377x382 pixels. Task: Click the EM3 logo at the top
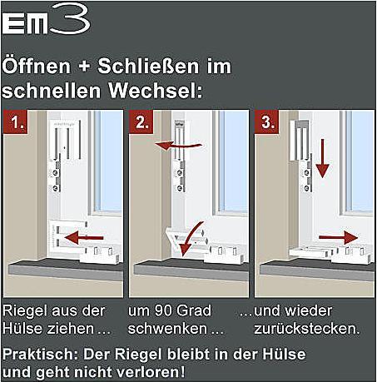click(46, 19)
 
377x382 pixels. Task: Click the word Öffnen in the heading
click(37, 67)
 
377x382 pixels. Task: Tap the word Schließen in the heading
click(148, 67)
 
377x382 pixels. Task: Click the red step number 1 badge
click(16, 122)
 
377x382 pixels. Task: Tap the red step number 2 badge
click(141, 122)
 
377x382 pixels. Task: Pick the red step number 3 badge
click(266, 122)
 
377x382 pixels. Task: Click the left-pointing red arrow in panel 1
click(84, 238)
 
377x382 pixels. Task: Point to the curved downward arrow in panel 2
click(189, 239)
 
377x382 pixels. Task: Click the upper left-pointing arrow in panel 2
click(178, 145)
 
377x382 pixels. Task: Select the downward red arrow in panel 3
click(322, 158)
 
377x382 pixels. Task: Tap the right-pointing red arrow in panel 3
click(338, 237)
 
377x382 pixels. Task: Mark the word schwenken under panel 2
click(167, 329)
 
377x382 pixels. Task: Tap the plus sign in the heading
click(84, 67)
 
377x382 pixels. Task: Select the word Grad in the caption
click(194, 310)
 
